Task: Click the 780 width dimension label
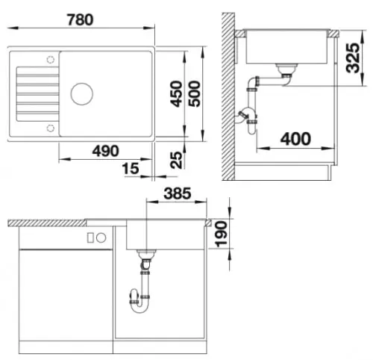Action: pyautogui.click(x=81, y=20)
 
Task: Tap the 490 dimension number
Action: pyautogui.click(x=106, y=151)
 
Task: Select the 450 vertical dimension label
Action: pyautogui.click(x=176, y=94)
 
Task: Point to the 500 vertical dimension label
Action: pyautogui.click(x=194, y=94)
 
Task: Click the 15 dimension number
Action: pyautogui.click(x=131, y=169)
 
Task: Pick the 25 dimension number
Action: pyautogui.click(x=176, y=160)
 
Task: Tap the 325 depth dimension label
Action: pyautogui.click(x=353, y=58)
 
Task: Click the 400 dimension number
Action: pyautogui.click(x=295, y=139)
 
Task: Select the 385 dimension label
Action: pyautogui.click(x=178, y=193)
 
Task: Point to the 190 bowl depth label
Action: pyautogui.click(x=221, y=234)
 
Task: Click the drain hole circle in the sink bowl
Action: pyautogui.click(x=82, y=94)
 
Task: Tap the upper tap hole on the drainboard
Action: pyautogui.click(x=51, y=60)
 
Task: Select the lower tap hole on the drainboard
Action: pyautogui.click(x=51, y=128)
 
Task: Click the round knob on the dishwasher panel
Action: pyautogui.click(x=101, y=238)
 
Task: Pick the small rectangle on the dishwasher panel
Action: pyautogui.click(x=90, y=238)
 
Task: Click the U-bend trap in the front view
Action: pyautogui.click(x=138, y=305)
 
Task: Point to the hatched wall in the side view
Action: pyautogui.click(x=228, y=96)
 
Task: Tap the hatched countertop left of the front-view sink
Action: pyautogui.click(x=47, y=223)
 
